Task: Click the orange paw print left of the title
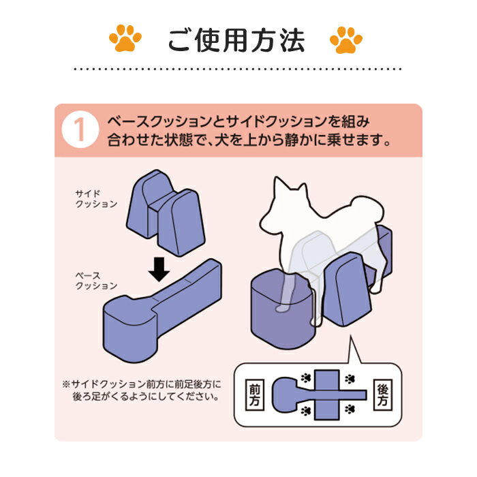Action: point(125,38)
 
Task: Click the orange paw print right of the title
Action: point(346,40)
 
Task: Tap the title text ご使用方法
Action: point(236,40)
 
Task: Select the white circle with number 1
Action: point(80,129)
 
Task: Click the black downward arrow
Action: point(159,269)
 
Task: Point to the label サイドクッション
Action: point(96,199)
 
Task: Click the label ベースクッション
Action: point(96,281)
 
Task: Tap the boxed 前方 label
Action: point(254,395)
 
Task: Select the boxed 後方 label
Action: point(382,395)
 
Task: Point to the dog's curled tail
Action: point(368,210)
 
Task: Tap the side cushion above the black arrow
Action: point(166,213)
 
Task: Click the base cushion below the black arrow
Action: point(162,310)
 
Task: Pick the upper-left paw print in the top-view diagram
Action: point(305,378)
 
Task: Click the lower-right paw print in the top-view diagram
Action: point(350,409)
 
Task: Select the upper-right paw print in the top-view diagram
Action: point(350,379)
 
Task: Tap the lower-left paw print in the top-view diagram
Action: point(305,411)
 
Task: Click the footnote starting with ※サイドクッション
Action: point(142,390)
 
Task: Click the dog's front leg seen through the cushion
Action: point(286,292)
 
